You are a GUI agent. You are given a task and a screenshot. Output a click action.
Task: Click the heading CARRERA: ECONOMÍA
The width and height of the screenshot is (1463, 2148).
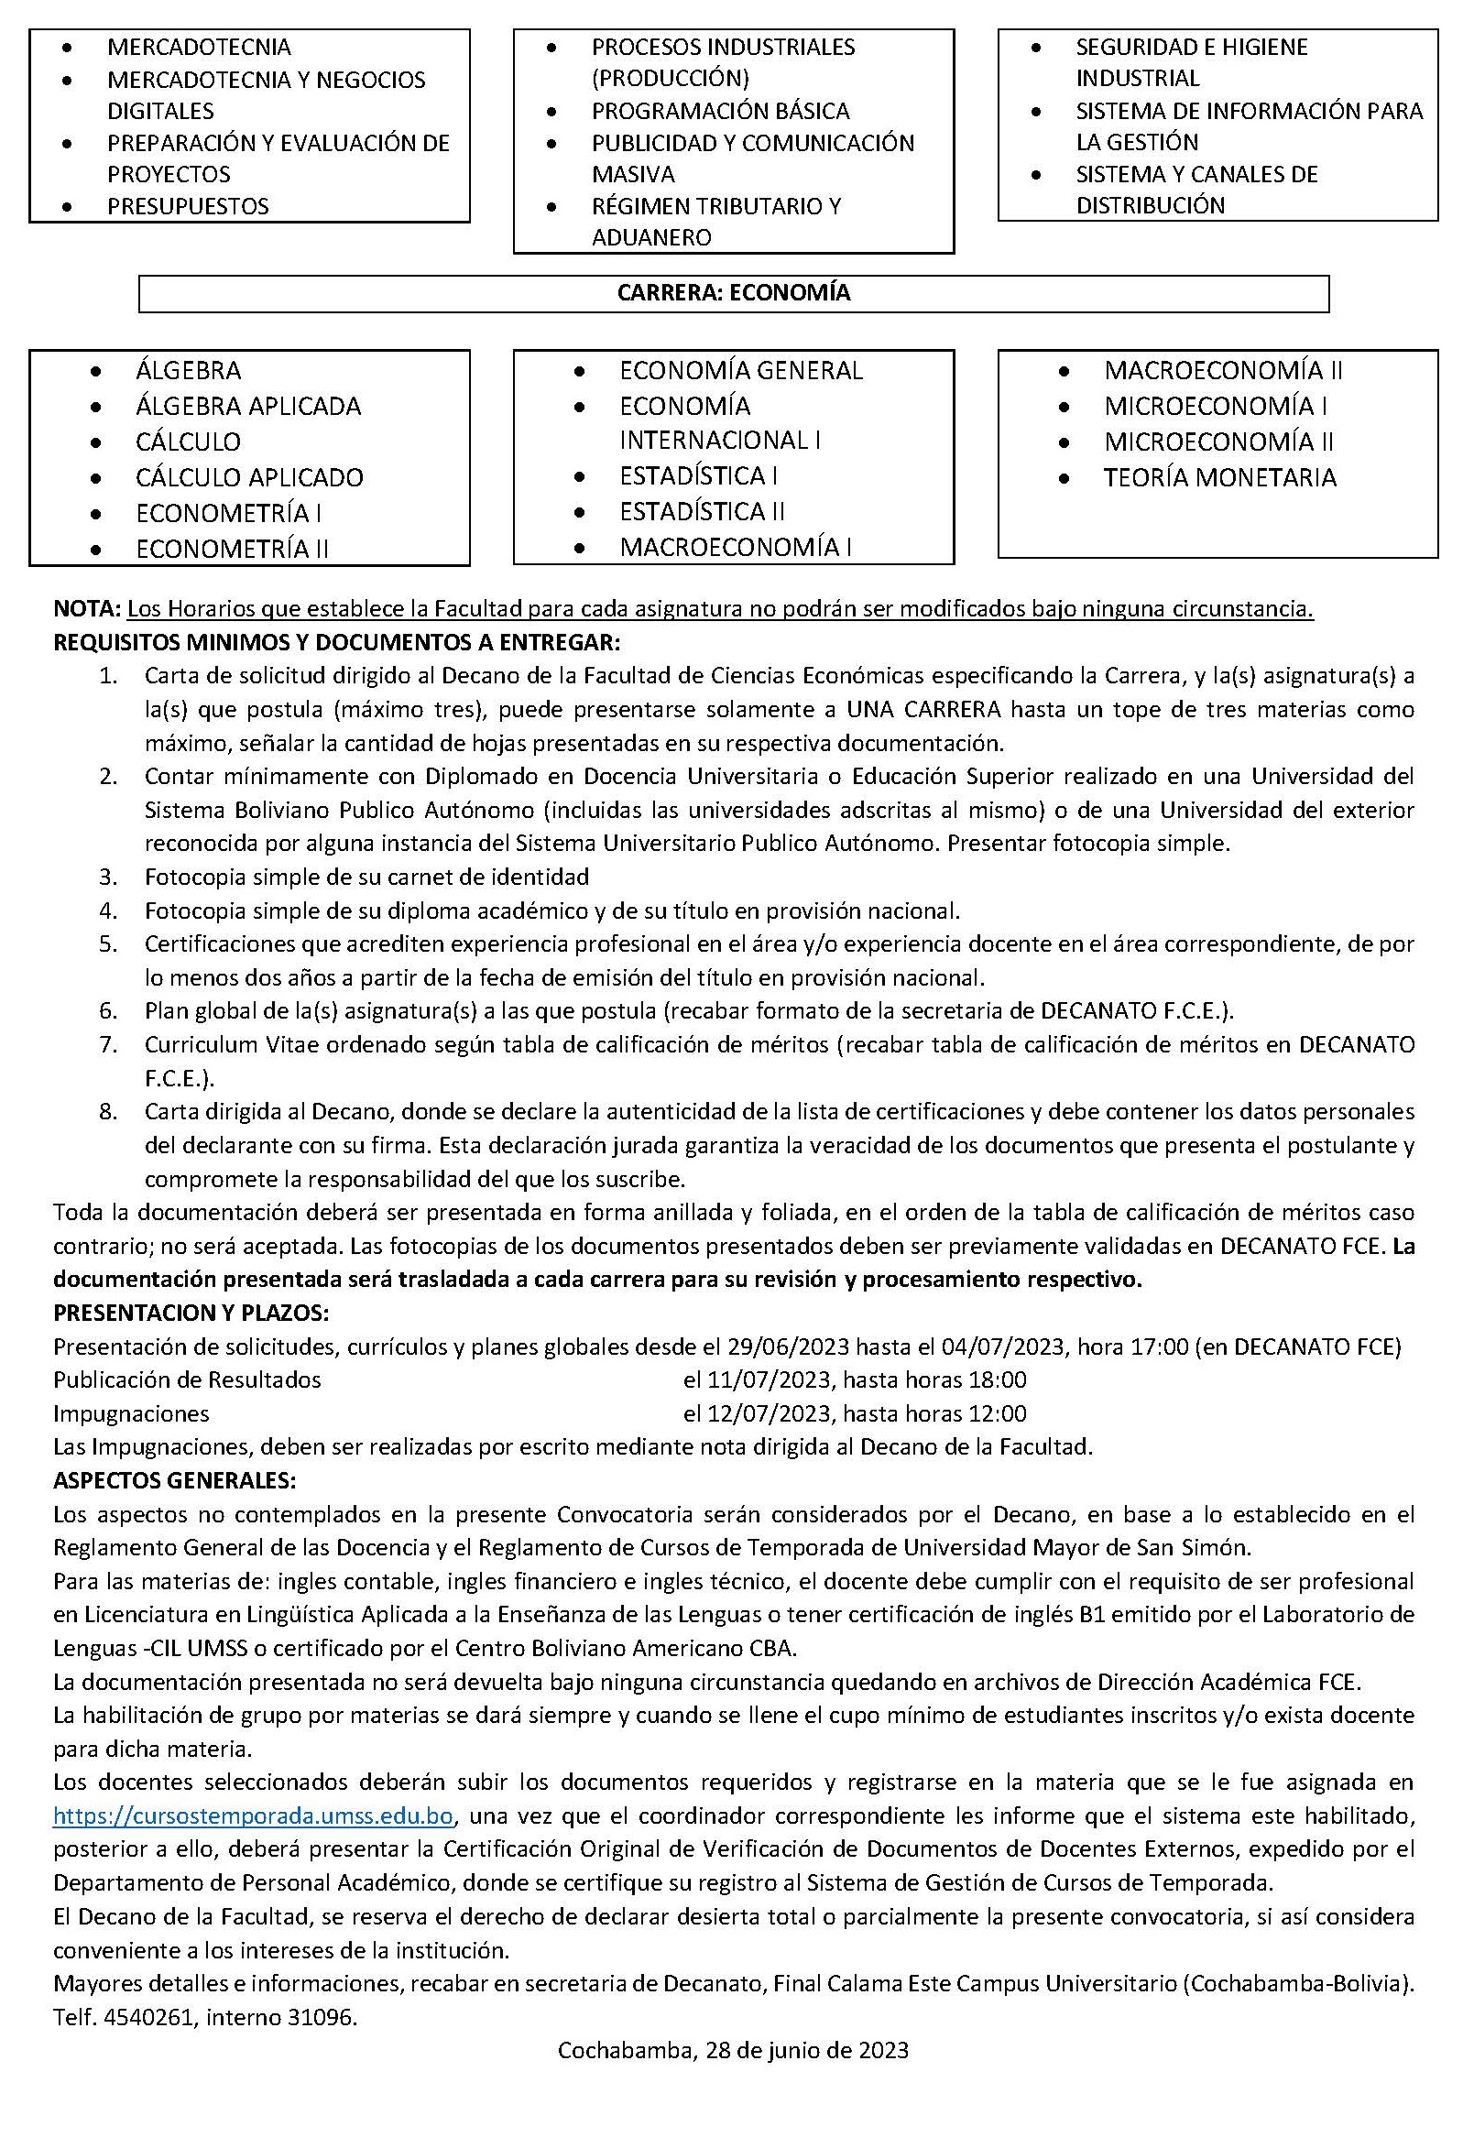[x=733, y=293]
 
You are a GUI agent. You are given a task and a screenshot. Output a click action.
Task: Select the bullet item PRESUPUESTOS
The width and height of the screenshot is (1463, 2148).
[x=188, y=206]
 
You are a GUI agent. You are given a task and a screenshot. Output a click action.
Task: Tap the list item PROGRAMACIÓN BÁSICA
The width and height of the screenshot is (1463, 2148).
[x=720, y=111]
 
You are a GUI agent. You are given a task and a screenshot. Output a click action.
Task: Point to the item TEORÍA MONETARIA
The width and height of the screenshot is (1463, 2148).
[x=1219, y=478]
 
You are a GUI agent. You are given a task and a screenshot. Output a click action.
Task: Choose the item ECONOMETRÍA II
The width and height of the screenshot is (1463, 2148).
[x=232, y=549]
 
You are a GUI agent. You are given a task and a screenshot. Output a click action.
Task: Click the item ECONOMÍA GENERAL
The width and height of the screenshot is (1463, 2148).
[x=740, y=371]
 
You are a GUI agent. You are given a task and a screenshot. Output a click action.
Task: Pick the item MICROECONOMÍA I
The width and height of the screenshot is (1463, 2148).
[x=1216, y=406]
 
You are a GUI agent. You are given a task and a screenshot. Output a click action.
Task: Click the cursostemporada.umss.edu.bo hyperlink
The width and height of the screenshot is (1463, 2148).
[x=253, y=1815]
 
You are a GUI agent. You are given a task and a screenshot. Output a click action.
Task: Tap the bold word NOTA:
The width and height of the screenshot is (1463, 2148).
[x=87, y=609]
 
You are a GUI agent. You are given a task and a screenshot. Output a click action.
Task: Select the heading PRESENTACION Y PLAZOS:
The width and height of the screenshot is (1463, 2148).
[x=191, y=1314]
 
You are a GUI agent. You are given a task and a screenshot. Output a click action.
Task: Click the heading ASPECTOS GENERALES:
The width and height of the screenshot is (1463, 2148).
[x=175, y=1480]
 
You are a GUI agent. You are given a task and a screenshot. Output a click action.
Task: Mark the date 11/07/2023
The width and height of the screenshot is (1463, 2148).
[x=757, y=1379]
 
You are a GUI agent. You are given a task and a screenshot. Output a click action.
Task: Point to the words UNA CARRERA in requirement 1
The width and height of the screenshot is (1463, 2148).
[x=923, y=710]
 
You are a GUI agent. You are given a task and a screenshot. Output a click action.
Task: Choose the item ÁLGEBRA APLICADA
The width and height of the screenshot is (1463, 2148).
[x=247, y=406]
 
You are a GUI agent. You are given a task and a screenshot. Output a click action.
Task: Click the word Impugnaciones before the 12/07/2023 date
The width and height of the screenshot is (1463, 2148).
[x=131, y=1413]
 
